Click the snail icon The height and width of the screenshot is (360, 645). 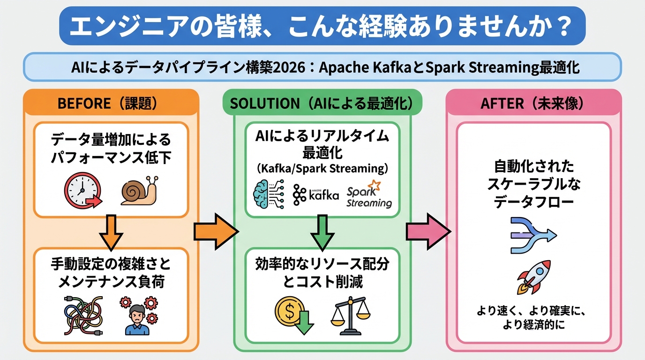click(x=140, y=190)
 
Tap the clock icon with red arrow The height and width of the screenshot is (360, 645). click(x=82, y=191)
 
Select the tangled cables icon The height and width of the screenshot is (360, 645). click(x=82, y=315)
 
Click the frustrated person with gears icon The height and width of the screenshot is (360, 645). click(x=138, y=315)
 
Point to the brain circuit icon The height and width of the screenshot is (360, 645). click(x=268, y=194)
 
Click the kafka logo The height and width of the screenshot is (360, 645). click(x=316, y=195)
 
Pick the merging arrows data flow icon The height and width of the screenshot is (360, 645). click(x=532, y=235)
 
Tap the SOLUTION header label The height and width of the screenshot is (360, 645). click(x=321, y=103)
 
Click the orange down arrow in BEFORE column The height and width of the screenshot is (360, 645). click(x=111, y=232)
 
